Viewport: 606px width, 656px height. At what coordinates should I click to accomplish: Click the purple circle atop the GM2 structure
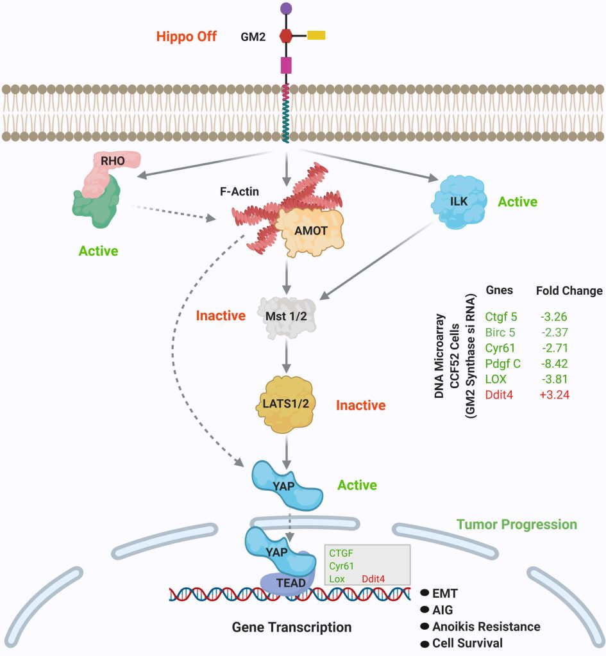click(285, 9)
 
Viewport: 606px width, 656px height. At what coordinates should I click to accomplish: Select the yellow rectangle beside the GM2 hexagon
click(316, 35)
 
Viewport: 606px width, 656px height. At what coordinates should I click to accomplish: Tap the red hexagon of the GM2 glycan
click(285, 36)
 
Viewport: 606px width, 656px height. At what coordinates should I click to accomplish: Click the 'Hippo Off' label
click(187, 37)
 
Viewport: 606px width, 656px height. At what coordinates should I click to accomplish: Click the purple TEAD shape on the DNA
click(286, 583)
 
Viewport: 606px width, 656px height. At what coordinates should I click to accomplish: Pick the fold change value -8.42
click(553, 364)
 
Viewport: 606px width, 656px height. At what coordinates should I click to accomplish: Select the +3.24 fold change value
click(553, 395)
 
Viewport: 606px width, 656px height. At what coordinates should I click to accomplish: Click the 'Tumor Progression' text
click(517, 525)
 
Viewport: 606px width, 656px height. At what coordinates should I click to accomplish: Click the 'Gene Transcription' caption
click(292, 627)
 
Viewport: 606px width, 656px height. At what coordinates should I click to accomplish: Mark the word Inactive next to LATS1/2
click(360, 405)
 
